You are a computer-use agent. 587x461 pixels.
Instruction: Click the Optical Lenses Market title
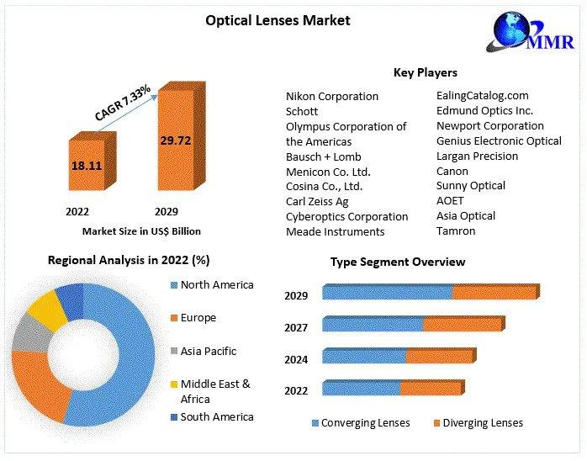278,20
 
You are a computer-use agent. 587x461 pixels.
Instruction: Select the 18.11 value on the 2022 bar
87,166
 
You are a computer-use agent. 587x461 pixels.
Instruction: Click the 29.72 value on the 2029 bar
176,140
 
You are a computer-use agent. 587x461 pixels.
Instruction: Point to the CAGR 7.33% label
123,103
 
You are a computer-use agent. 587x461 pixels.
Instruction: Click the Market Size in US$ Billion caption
141,231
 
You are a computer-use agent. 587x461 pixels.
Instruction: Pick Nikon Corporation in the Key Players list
332,97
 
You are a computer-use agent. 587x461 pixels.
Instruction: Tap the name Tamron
456,231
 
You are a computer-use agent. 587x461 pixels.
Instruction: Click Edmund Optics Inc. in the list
484,111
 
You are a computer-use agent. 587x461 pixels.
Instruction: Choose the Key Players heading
426,73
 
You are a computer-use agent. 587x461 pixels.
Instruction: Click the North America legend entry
216,285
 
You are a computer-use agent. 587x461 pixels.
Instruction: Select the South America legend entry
216,417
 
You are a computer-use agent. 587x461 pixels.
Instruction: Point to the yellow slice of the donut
46,310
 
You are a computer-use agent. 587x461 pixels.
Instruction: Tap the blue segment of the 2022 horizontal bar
362,389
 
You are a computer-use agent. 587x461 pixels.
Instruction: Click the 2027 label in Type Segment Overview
296,327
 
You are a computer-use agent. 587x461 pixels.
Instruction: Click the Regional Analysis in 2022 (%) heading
129,261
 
